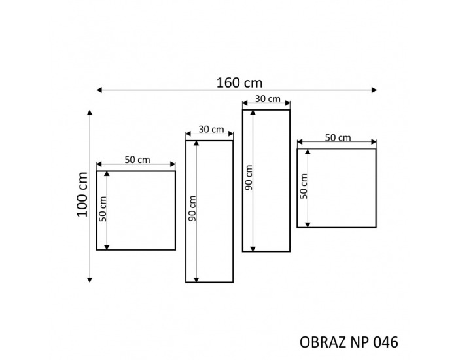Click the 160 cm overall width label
click(x=239, y=82)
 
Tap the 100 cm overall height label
click(x=82, y=194)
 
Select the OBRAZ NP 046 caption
click(x=349, y=342)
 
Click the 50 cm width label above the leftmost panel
click(x=137, y=160)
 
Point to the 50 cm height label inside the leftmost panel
click(x=102, y=209)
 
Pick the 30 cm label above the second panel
click(x=211, y=129)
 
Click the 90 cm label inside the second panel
click(x=192, y=208)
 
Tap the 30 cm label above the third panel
click(x=268, y=99)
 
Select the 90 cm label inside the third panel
click(x=249, y=177)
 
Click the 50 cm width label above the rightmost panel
click(x=338, y=137)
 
